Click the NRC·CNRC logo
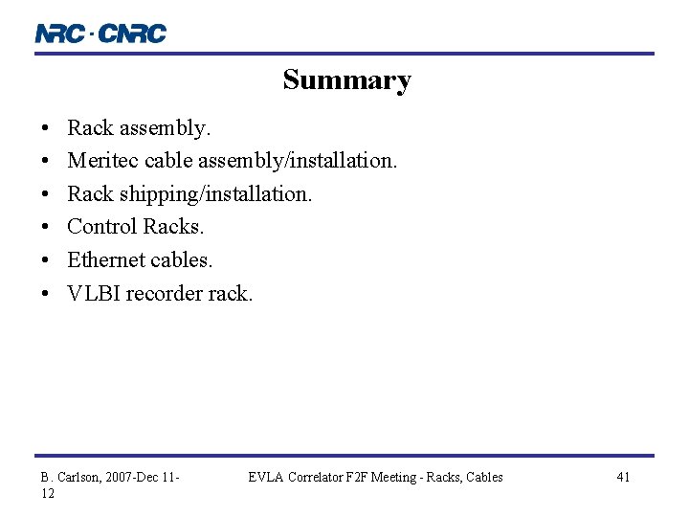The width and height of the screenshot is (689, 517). coord(100,34)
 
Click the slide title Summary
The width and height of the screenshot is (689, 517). coord(346,80)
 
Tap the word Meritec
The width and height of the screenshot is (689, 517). coord(103,160)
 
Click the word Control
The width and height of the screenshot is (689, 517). coord(102,227)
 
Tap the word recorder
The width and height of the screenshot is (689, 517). coord(165,293)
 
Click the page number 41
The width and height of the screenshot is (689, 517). coord(623,477)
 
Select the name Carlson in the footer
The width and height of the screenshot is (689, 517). coord(79,477)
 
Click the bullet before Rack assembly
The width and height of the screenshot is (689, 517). coord(45,127)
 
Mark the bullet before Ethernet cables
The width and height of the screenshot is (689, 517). coord(45,259)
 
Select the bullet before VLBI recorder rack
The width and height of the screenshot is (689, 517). coord(45,293)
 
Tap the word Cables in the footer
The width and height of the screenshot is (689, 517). coord(484,477)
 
